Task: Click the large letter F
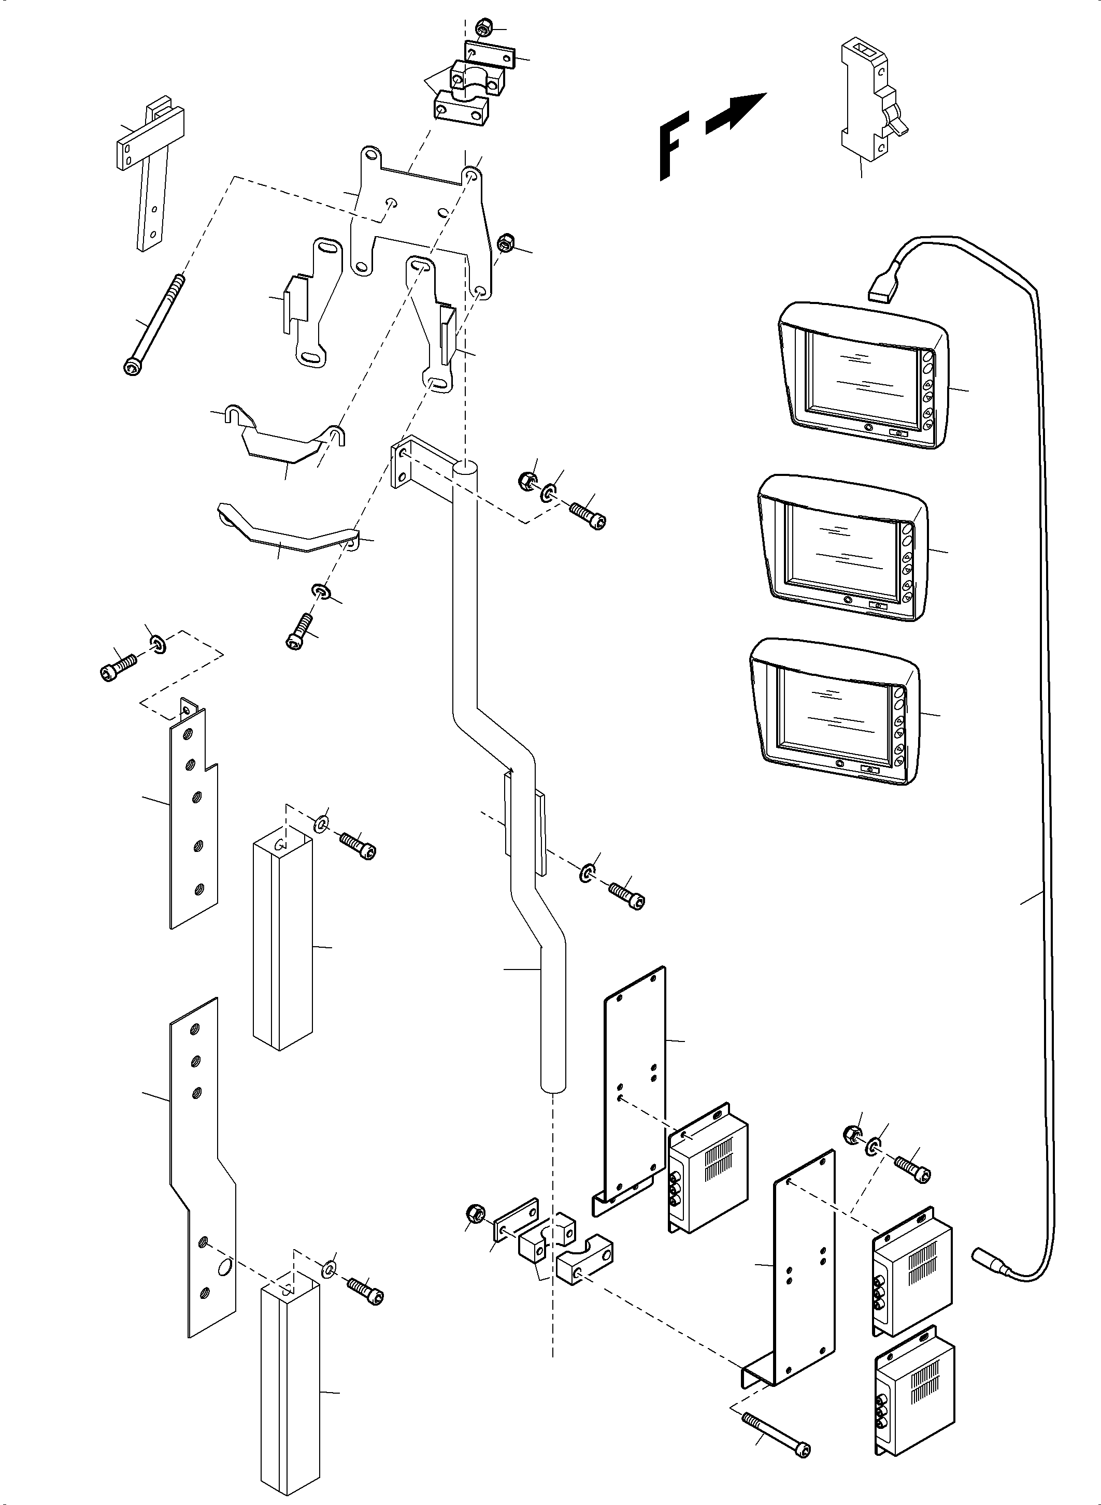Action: pyautogui.click(x=673, y=147)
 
